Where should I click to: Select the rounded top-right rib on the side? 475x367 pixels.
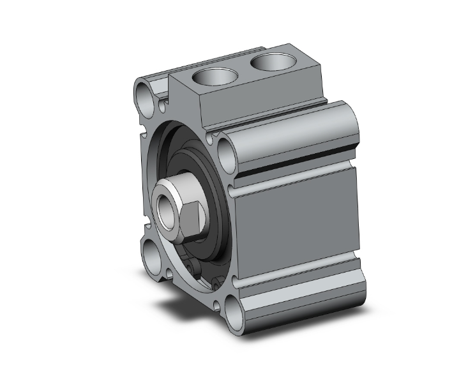[x=294, y=134]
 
